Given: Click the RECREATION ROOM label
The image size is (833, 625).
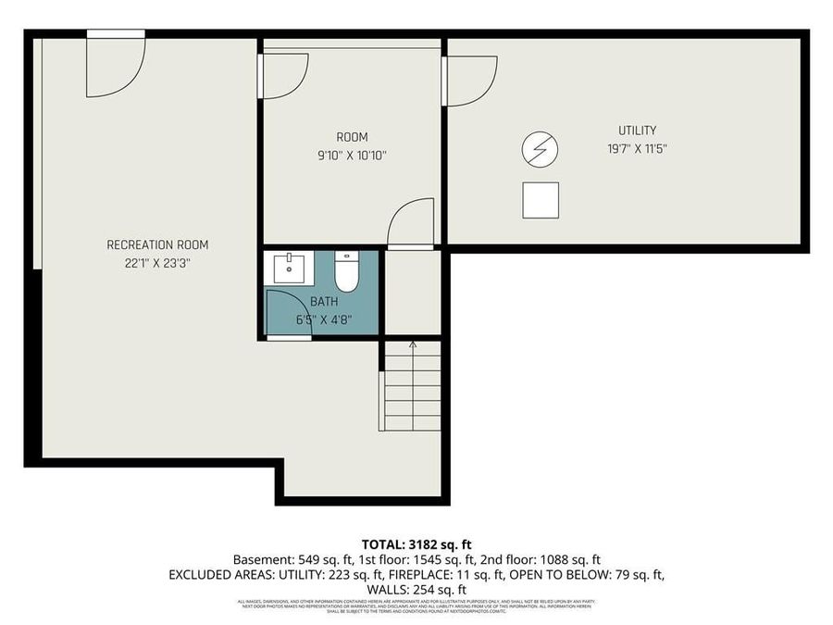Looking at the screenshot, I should tap(157, 244).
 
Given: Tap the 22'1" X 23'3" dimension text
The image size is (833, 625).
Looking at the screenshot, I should tap(157, 263).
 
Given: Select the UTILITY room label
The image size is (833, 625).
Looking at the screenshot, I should tap(637, 131).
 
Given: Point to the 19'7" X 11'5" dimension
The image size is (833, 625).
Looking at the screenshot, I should tap(637, 149).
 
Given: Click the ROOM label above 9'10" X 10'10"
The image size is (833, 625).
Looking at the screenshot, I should tap(352, 137).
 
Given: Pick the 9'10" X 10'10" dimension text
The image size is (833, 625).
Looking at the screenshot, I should tap(352, 156).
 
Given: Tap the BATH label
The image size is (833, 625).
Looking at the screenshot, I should tap(324, 301).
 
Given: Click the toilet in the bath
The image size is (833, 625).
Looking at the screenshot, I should tap(346, 270).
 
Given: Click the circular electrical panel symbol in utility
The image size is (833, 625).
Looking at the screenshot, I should tap(541, 148).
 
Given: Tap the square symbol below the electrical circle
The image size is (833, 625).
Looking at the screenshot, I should tap(541, 200).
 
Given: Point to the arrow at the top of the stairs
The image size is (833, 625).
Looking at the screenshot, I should tap(413, 346).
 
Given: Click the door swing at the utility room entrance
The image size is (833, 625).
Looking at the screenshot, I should tap(470, 78).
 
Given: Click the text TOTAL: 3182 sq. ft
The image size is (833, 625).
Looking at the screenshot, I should tap(416, 544).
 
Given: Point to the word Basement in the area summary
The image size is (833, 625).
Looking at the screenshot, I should tap(260, 559).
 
